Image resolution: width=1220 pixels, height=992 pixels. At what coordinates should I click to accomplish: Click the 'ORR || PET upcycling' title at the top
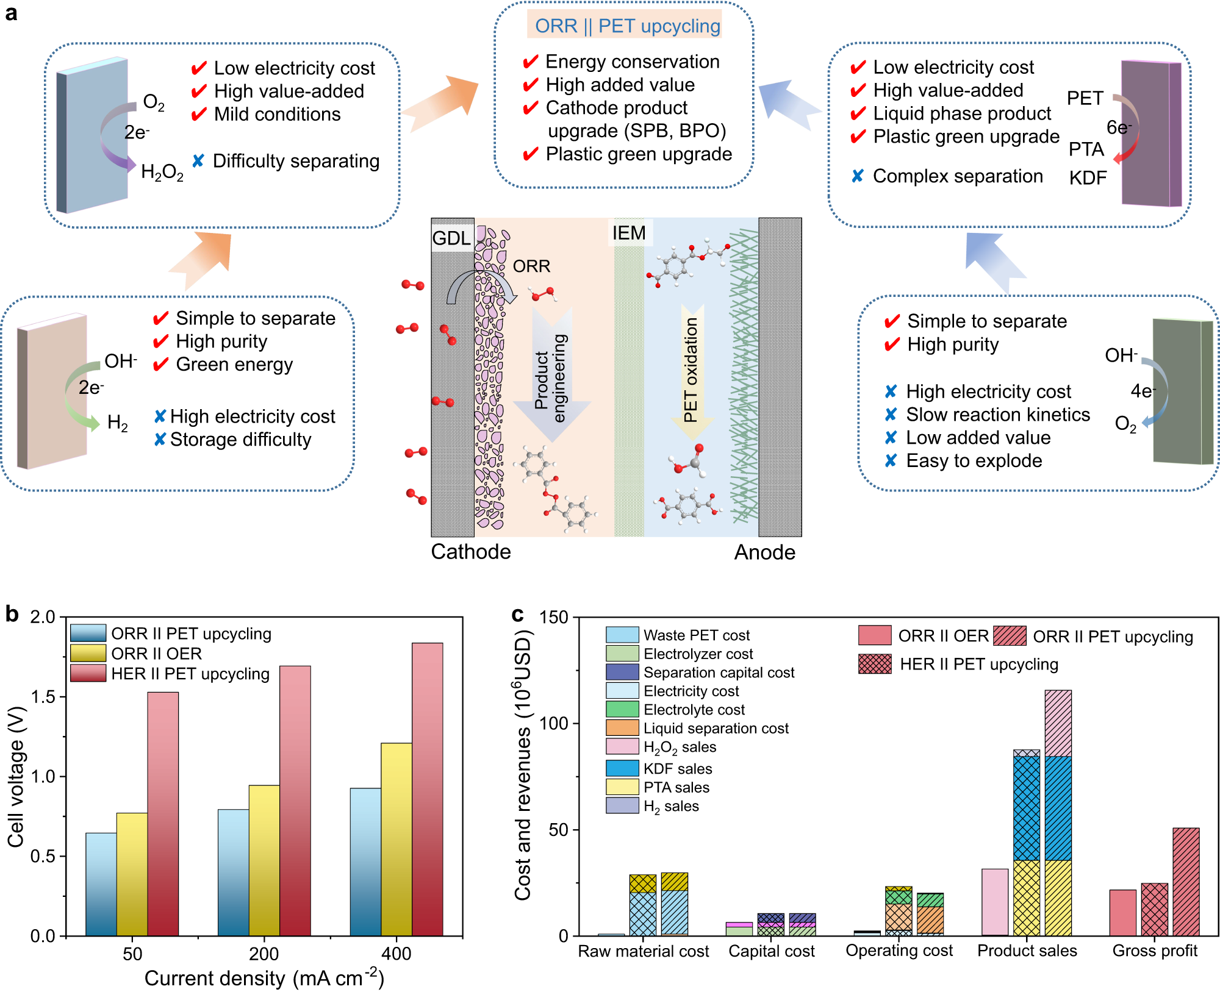[x=627, y=26]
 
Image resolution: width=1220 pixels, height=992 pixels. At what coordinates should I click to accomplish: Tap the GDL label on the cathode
[x=451, y=238]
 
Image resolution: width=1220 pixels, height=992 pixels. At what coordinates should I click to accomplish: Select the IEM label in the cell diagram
[x=629, y=233]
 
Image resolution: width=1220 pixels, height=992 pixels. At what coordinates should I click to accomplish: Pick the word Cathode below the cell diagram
[x=471, y=552]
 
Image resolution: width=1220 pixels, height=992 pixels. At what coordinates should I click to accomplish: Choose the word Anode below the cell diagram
[x=764, y=552]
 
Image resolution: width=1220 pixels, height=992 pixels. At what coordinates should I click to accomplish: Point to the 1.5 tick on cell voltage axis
[x=43, y=696]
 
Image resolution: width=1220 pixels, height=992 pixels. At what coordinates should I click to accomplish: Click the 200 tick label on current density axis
[x=264, y=954]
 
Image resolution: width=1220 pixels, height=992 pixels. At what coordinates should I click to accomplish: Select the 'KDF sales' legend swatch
[x=622, y=768]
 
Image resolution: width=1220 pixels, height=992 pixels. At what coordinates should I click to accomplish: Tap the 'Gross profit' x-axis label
[x=1155, y=951]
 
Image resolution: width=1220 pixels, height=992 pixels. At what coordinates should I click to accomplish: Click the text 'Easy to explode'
[x=974, y=461]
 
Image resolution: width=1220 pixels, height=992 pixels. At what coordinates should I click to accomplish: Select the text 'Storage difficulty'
[x=240, y=440]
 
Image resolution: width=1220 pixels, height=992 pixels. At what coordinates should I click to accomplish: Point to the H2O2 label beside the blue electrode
[x=162, y=173]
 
